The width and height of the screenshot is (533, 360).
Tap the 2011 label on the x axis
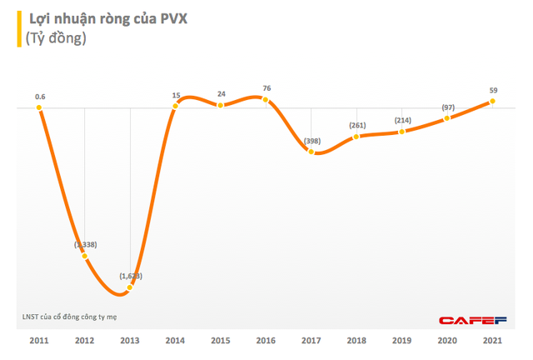(39, 341)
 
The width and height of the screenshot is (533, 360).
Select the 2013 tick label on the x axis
(130, 341)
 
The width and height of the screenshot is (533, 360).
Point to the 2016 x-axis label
(266, 341)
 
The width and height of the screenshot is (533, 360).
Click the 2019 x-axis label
(402, 341)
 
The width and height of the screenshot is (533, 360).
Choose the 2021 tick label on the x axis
(492, 341)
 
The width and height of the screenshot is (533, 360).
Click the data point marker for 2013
(130, 288)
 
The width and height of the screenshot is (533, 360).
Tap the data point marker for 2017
(311, 152)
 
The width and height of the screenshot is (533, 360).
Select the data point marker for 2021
(493, 102)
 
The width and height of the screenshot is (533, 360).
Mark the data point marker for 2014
(175, 106)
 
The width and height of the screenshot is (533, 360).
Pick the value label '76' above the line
(266, 88)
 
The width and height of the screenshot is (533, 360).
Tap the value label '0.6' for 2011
(39, 97)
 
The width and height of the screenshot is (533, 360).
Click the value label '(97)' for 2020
(448, 107)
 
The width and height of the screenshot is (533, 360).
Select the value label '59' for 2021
(493, 89)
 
